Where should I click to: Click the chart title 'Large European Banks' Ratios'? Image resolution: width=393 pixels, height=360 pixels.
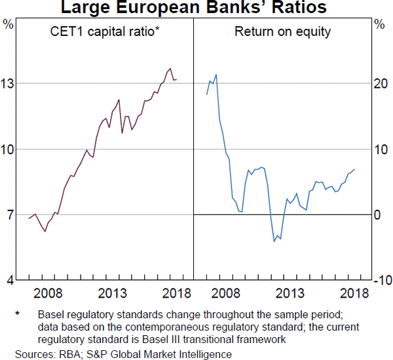196,9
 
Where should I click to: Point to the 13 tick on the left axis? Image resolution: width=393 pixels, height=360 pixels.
9,83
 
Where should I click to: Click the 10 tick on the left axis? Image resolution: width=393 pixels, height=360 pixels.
9,149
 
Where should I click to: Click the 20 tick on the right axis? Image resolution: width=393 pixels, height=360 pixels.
380,83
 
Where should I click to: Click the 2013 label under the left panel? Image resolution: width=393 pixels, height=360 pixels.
112,293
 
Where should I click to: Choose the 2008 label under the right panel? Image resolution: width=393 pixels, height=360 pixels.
226,293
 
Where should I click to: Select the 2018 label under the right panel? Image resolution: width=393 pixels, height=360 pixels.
354,293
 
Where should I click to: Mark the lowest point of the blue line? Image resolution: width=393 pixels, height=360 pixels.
274,241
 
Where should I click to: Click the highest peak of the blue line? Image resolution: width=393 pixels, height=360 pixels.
216,75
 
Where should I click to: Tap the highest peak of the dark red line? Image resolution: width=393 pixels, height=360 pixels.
170,68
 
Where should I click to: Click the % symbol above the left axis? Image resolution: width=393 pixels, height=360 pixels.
9,25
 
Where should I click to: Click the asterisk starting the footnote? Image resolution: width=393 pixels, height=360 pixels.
18,315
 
